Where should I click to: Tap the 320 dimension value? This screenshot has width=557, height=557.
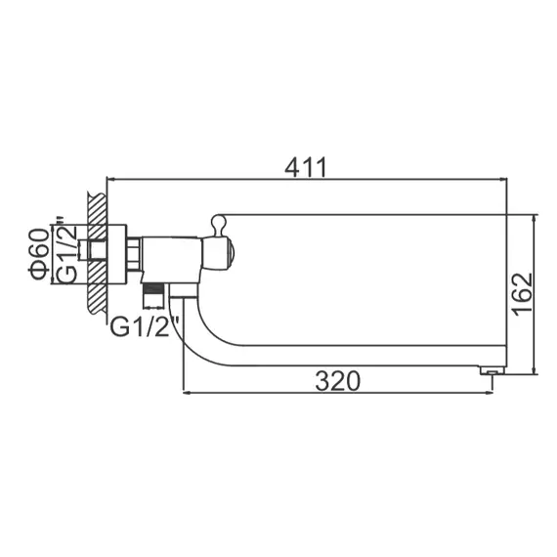(x=336, y=380)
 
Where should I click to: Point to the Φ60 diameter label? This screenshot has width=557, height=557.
(x=38, y=255)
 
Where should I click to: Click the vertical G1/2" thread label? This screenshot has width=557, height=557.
(x=64, y=253)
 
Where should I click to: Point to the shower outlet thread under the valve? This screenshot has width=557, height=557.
(x=151, y=290)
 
